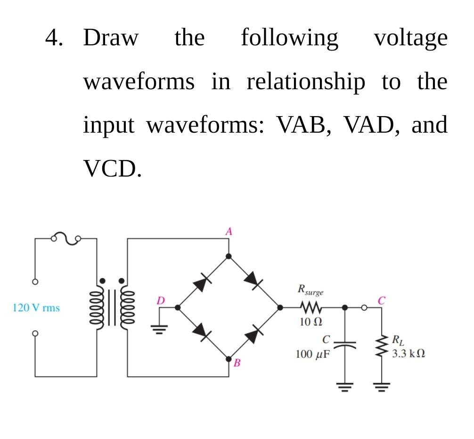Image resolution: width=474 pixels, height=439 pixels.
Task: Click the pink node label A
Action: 229,231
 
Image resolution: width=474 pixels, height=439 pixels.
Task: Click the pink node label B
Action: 237,363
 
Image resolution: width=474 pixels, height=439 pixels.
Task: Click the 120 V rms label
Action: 36,308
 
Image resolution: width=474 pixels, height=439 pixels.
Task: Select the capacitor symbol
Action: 345,343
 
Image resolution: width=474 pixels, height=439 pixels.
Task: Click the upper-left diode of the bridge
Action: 201,284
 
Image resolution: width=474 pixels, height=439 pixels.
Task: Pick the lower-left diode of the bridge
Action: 201,332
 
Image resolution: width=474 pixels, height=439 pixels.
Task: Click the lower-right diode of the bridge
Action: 253,334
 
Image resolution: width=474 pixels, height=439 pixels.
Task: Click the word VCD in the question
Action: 112,168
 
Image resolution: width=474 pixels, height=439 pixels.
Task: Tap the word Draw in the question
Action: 111,38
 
